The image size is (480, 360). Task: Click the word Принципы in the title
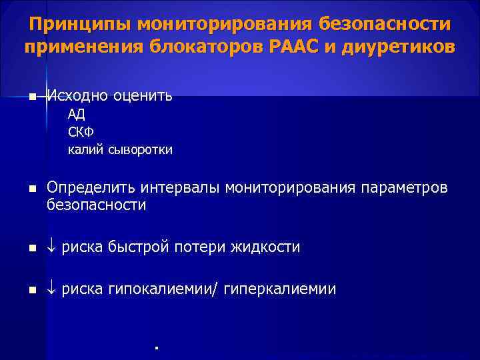click(x=80, y=25)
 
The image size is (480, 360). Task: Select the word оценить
click(x=143, y=96)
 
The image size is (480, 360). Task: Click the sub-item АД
click(x=76, y=113)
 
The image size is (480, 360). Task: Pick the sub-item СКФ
click(x=81, y=131)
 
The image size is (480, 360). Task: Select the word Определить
click(x=89, y=189)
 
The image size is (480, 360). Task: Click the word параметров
click(x=405, y=189)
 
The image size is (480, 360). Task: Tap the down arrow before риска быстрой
click(x=52, y=248)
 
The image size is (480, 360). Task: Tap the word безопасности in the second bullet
click(x=96, y=206)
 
